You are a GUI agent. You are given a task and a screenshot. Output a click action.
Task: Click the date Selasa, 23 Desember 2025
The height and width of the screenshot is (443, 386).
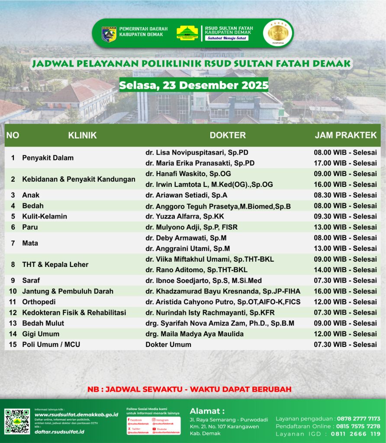coord(193,85)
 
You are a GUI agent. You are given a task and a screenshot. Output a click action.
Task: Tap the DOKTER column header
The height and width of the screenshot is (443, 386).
coord(228,135)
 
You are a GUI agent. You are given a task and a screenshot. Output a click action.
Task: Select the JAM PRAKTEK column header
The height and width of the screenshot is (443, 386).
coord(345,135)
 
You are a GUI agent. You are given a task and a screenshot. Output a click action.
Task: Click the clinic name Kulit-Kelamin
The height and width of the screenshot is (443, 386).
coord(45,216)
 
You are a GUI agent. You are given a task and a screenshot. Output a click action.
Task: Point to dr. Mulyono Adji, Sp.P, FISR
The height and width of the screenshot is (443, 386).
coord(191,227)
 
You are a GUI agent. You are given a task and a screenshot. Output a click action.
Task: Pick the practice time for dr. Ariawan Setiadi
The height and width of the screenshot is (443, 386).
coord(345,195)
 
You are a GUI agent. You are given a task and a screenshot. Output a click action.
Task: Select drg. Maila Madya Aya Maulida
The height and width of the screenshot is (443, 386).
coord(194,334)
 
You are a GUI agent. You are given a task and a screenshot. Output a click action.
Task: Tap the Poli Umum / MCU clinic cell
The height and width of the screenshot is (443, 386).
coord(51,344)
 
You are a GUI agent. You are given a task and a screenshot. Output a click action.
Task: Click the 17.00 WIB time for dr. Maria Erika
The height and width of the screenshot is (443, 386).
coord(345,163)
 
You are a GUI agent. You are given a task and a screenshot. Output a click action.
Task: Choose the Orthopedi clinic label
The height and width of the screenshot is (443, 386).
coord(39,302)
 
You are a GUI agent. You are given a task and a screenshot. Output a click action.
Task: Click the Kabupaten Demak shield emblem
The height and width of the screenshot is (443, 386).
coord(109,34)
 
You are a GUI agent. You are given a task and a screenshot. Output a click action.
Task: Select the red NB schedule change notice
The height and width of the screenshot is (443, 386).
coord(189,389)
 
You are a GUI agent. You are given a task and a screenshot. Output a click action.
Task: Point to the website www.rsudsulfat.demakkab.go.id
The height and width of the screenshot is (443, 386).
coord(76,414)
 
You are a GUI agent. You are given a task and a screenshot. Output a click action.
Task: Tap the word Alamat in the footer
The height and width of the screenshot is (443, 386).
coord(207,411)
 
